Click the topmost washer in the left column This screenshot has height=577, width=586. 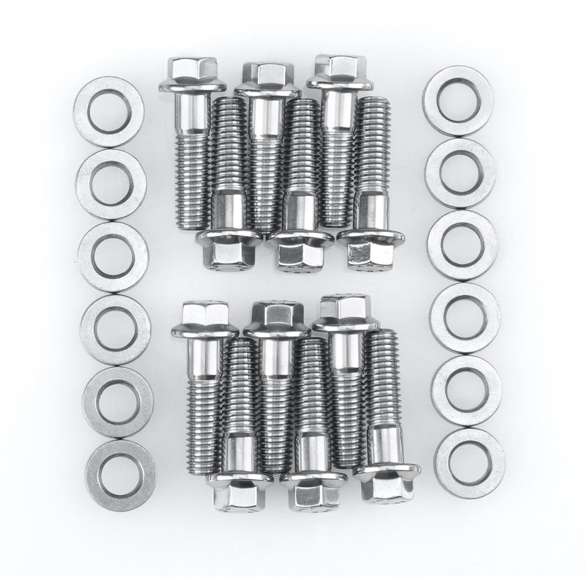click(108, 112)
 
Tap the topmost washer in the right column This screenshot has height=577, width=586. click(458, 100)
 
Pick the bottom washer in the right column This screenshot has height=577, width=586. click(470, 464)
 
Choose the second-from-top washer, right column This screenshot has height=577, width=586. click(460, 173)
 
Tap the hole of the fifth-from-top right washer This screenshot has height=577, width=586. click(467, 390)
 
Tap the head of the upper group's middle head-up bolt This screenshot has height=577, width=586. click(267, 75)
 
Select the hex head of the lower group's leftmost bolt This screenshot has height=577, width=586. click(204, 316)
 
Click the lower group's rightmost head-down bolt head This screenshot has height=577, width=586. click(387, 485)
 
